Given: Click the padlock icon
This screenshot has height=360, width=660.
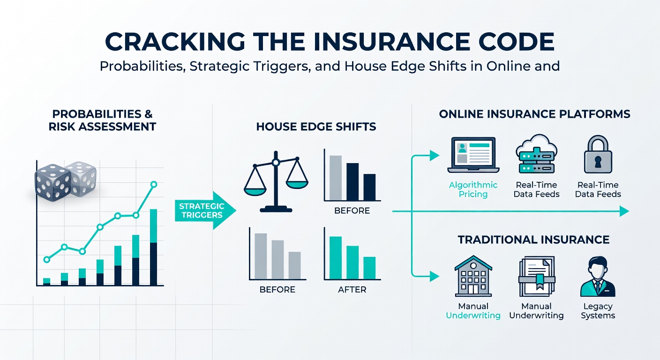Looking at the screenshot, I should tap(598, 156).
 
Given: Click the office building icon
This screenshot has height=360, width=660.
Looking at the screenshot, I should tap(473, 277).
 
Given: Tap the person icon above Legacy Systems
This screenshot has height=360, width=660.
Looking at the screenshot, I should tap(598, 278).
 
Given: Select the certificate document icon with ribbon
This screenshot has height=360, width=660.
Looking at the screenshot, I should tap(536, 277).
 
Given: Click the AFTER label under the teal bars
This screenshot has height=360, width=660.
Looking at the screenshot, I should tap(352, 290).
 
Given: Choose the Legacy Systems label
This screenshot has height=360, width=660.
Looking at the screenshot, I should tap(598, 311).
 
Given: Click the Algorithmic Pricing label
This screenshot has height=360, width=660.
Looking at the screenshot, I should tap(473, 189).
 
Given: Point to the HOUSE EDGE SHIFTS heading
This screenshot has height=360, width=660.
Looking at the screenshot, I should tap(316, 127).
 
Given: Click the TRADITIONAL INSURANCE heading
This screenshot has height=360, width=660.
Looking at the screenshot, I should tap(533, 240).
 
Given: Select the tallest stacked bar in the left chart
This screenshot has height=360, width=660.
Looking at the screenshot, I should tap(153, 247).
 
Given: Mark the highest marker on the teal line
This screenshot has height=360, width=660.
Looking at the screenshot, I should tap(153, 185).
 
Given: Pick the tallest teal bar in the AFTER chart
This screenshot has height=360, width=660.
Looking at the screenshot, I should tap(335, 258).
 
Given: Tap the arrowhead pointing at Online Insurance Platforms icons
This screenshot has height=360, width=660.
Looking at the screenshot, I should tap(435, 156).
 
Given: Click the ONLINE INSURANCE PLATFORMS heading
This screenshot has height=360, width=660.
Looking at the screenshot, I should tap(534, 114).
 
